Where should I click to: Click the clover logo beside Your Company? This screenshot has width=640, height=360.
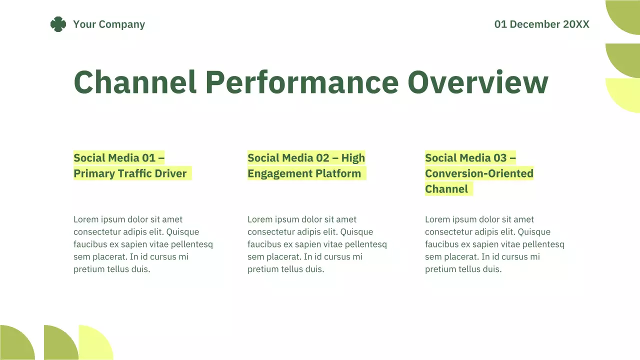(x=58, y=24)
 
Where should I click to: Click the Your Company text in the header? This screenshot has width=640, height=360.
(x=109, y=24)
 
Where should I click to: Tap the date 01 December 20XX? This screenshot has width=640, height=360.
(x=541, y=24)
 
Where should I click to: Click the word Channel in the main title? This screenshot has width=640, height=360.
(x=135, y=82)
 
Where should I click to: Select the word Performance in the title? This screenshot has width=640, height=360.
(x=301, y=82)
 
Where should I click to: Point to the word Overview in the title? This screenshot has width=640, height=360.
(x=477, y=82)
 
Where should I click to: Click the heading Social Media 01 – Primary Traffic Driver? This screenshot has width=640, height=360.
(x=130, y=165)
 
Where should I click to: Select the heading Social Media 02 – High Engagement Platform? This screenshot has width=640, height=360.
(x=306, y=165)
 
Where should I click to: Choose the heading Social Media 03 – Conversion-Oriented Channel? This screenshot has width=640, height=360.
(x=478, y=173)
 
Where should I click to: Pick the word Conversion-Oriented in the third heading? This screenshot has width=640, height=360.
(x=479, y=173)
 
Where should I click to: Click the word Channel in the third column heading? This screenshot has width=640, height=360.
(x=446, y=189)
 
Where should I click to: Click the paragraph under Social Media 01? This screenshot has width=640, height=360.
(x=143, y=244)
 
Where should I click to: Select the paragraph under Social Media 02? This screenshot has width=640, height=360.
(x=317, y=244)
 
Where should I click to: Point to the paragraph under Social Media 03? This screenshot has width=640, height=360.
(x=494, y=244)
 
